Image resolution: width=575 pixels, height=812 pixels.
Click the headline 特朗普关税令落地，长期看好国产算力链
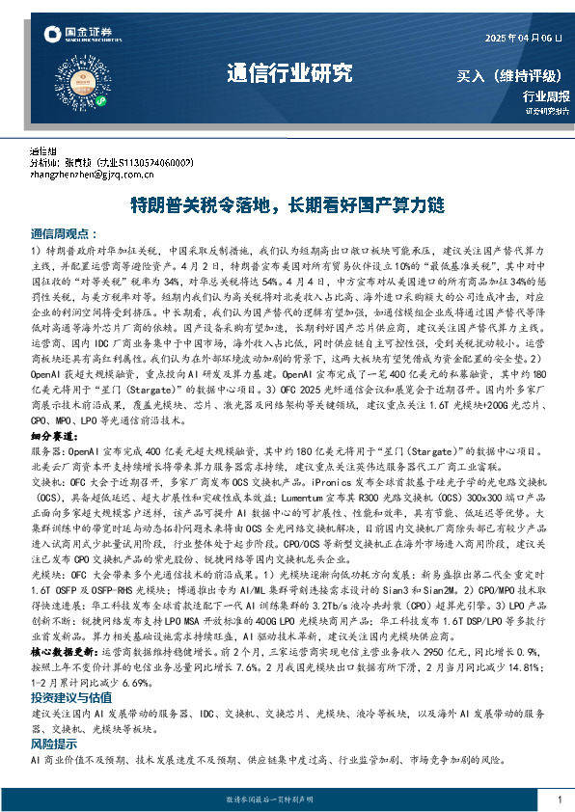pyautogui.click(x=287, y=205)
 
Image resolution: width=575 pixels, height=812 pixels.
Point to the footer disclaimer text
pyautogui.click(x=287, y=800)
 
